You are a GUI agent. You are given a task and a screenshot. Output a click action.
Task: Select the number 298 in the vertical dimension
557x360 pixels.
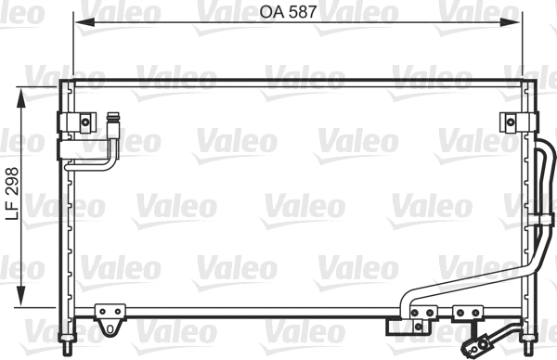[11, 183]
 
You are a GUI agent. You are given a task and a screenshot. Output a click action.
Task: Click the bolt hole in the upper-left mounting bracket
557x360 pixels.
[84, 121]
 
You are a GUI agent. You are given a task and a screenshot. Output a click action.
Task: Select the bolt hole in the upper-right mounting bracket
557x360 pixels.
[511, 121]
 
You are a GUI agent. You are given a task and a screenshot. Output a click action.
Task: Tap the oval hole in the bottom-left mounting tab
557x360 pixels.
[110, 328]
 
